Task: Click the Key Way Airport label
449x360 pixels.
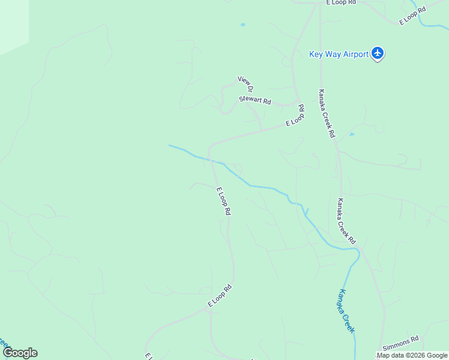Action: [339, 55]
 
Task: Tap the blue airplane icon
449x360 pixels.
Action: [378, 54]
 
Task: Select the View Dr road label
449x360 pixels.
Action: [247, 83]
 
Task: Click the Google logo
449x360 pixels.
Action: [20, 353]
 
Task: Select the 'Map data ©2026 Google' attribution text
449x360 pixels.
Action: [412, 355]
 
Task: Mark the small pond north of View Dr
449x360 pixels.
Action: [243, 25]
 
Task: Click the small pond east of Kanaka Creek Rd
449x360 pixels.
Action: [352, 134]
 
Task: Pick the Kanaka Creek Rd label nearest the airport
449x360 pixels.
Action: [326, 113]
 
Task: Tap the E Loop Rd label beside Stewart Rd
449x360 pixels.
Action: [295, 116]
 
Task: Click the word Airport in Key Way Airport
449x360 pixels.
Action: [355, 55]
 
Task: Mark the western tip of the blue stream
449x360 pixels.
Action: [170, 145]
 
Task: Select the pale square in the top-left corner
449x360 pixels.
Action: [12, 24]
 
